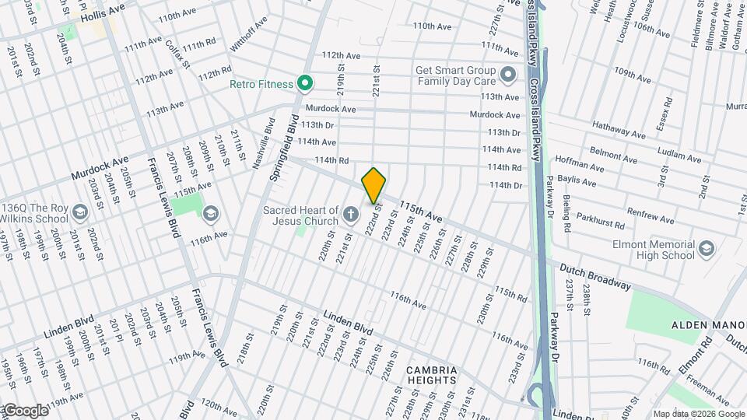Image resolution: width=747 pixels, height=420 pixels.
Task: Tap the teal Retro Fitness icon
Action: (x=306, y=84)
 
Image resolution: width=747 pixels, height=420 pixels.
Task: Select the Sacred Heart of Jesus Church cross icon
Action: (x=351, y=213)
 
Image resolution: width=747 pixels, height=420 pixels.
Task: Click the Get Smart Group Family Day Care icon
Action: (x=508, y=75)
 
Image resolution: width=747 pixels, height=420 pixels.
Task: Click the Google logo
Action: (x=25, y=410)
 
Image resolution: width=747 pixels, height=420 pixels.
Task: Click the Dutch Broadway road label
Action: (x=595, y=276)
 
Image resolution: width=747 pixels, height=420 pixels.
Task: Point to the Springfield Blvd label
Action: (x=284, y=149)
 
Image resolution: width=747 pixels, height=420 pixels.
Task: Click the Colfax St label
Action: (x=178, y=53)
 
